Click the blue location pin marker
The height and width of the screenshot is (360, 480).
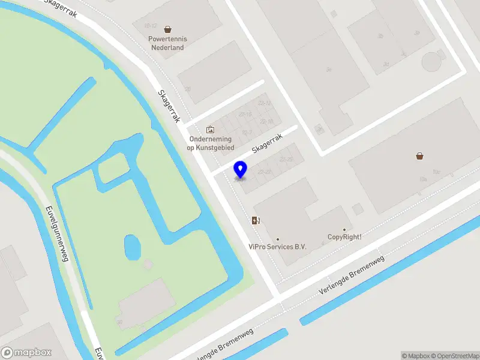(241, 169)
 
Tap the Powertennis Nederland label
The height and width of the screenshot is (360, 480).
(167, 43)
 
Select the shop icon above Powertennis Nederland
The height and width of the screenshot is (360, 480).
(167, 28)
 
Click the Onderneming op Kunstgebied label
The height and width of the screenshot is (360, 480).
(210, 143)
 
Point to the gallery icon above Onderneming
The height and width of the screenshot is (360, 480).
(210, 129)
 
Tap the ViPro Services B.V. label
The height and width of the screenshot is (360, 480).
(278, 247)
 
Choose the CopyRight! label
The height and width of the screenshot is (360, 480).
(344, 237)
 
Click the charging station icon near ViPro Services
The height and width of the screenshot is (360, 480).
(256, 220)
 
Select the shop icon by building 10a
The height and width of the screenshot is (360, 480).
(419, 156)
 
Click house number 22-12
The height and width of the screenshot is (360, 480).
(265, 103)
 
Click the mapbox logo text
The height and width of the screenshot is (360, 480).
(26, 353)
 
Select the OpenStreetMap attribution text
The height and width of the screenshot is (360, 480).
(453, 356)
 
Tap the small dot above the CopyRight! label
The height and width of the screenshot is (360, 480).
(344, 229)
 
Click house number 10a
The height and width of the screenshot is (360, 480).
(423, 179)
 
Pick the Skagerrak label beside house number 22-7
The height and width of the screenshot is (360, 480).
(267, 143)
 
